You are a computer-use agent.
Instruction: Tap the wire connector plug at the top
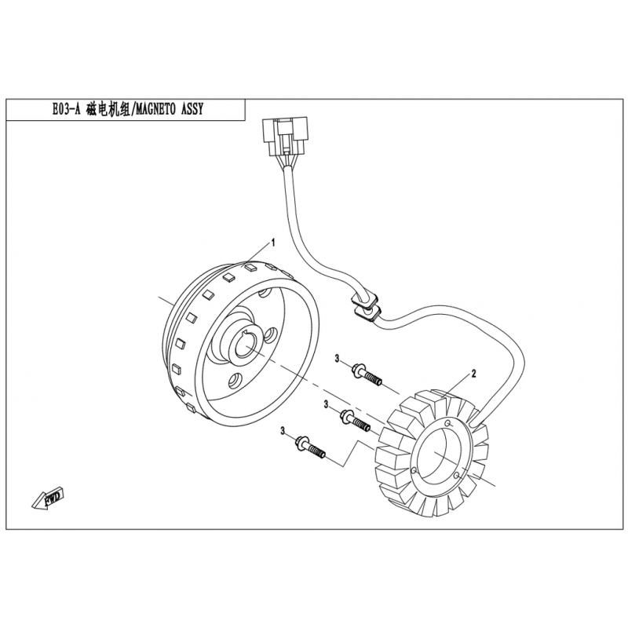(285, 137)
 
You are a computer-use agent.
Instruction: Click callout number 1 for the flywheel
(273, 243)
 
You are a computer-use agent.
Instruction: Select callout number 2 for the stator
(474, 374)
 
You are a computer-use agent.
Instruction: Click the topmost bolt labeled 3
(367, 374)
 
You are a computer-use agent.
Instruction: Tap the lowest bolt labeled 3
(311, 447)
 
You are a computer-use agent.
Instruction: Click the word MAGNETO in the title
(155, 109)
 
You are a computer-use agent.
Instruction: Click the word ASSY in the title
(192, 109)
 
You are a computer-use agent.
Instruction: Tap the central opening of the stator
(440, 453)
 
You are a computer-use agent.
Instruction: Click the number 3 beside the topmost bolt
(338, 359)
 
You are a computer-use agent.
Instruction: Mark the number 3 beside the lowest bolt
(283, 431)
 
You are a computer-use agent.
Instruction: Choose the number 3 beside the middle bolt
(327, 405)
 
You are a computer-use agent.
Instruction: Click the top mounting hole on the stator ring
(448, 424)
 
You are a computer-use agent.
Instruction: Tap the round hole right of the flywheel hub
(271, 335)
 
